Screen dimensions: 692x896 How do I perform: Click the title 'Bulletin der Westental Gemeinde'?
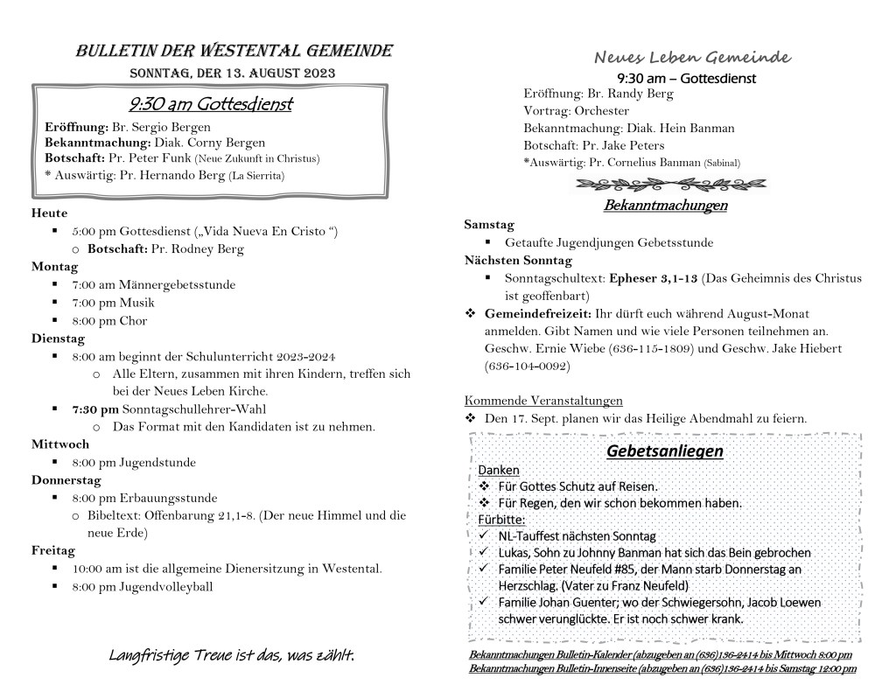pos(234,50)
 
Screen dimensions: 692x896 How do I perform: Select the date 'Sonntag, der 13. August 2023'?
pos(233,73)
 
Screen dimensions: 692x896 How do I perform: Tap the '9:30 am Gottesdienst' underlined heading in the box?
pos(210,105)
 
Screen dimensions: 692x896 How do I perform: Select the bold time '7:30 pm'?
pos(95,409)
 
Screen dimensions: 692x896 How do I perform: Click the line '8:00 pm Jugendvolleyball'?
pos(143,587)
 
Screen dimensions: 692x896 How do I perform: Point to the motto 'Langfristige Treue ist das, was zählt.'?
pos(232,654)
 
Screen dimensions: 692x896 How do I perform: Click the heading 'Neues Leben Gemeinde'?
pos(692,58)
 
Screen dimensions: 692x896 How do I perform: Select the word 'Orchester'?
pos(601,110)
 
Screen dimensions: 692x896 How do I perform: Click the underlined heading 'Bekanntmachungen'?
pos(665,206)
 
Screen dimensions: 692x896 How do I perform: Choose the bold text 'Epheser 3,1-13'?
pos(653,278)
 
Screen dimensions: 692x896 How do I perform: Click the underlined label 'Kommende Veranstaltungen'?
pos(543,401)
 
